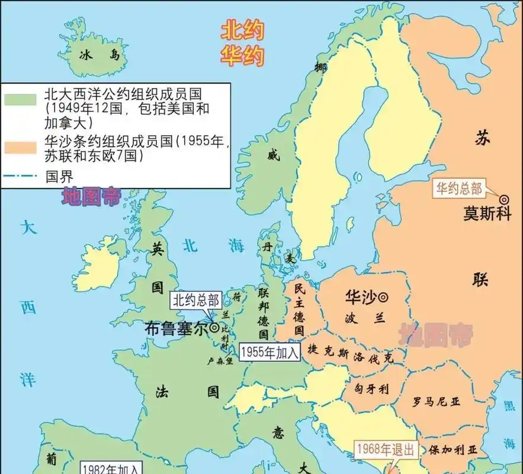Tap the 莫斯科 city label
coord(487,214)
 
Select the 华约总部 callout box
coord(460,189)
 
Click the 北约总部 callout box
coord(195,300)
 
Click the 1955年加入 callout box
coord(269,352)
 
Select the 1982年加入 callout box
coord(111,469)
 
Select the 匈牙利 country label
coord(371,389)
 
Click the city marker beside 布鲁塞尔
coord(214,327)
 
